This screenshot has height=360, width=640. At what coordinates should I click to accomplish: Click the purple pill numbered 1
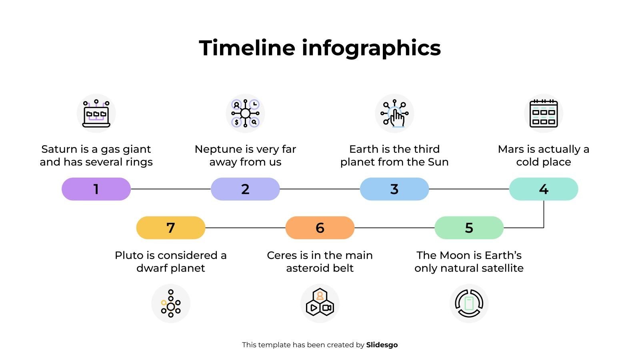coord(96,189)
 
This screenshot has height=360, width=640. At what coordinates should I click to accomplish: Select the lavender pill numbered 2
coord(245,189)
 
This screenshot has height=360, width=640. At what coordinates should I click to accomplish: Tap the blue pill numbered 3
coord(394,189)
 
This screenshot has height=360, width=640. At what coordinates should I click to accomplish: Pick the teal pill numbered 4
coord(543,189)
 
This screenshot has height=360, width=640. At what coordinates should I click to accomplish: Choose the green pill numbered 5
coord(469,228)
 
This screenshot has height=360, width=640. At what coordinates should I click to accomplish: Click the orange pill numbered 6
coord(320,228)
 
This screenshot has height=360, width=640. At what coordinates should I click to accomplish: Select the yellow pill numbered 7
coord(171,228)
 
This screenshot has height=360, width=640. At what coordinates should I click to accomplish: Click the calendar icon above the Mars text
coord(543,114)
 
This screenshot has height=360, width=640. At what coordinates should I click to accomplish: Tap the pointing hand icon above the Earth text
coord(394,114)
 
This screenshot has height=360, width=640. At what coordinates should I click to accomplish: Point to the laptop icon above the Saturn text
coord(96,114)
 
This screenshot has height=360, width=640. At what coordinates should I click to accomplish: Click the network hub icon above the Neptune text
coord(245,114)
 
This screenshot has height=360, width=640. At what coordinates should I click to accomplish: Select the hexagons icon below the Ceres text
coord(320,303)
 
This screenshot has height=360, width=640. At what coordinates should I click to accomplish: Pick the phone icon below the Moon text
coord(469,303)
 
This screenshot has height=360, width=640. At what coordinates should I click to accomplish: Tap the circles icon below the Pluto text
coord(171,303)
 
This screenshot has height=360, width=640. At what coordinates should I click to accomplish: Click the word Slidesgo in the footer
coord(382,345)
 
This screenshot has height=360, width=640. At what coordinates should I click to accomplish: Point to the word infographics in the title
coord(371,48)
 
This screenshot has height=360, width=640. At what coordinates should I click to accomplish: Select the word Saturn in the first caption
coord(59,149)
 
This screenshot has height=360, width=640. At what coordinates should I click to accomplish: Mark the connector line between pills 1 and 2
coord(171,189)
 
